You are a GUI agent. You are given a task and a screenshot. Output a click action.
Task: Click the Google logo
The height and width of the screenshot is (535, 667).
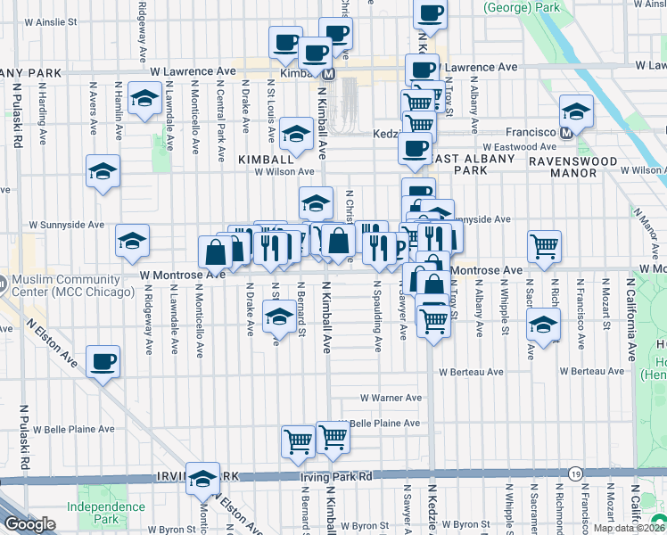[x=29, y=524]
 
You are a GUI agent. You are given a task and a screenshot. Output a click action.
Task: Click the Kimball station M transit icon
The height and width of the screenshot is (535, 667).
[x=328, y=77]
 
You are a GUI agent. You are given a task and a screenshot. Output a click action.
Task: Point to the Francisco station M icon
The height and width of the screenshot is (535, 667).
[x=565, y=133]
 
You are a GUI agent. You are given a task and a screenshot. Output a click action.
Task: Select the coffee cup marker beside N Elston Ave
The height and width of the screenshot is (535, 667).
[x=103, y=362]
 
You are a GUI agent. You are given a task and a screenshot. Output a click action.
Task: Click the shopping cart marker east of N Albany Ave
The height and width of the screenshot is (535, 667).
[x=544, y=245]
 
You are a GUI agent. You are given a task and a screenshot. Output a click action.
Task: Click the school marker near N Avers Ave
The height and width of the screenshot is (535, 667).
[x=103, y=170]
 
